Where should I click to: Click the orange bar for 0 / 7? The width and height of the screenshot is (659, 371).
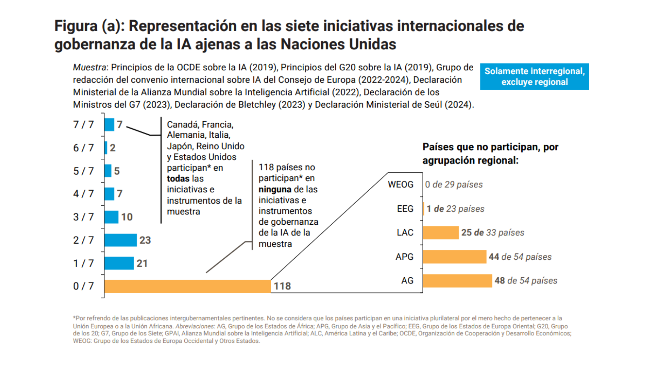click(187, 286)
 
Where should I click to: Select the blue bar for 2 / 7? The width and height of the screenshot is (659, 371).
click(120, 240)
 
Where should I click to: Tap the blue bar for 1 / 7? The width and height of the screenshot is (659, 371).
click(119, 263)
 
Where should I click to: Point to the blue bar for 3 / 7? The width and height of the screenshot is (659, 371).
click(112, 217)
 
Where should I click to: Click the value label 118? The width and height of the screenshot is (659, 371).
click(282, 286)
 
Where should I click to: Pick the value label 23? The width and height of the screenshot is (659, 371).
click(145, 240)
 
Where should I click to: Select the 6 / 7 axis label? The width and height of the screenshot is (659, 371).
click(83, 148)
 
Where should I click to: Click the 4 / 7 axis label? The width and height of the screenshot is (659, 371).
click(83, 194)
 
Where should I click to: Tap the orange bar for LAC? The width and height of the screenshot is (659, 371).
click(441, 233)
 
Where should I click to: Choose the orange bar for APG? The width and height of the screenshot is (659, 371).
click(454, 257)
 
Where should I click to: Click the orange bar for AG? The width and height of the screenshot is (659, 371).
click(457, 281)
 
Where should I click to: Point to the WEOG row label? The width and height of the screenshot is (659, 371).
click(401, 184)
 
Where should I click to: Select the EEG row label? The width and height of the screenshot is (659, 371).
click(405, 209)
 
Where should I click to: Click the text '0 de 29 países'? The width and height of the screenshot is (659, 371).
click(454, 184)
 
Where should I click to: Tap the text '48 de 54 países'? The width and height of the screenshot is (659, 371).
click(526, 281)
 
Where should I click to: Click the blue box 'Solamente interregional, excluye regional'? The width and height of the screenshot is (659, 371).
click(534, 77)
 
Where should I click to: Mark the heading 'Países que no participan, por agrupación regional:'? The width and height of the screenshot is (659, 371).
click(490, 154)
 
